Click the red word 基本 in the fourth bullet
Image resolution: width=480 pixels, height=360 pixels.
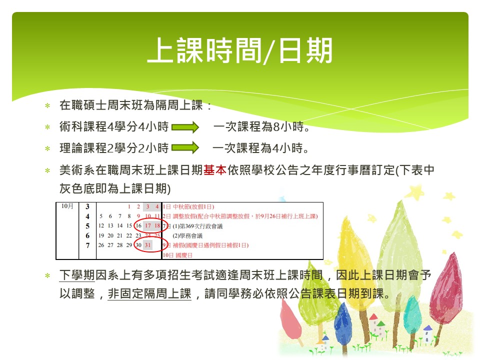pyautogui.click(x=215, y=170)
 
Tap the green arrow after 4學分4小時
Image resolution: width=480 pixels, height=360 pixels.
pyautogui.click(x=185, y=126)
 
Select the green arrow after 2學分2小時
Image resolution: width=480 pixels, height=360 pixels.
pyautogui.click(x=185, y=148)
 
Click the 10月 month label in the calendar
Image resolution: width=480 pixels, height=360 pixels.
pyautogui.click(x=67, y=206)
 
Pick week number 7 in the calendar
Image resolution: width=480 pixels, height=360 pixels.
pyautogui.click(x=87, y=245)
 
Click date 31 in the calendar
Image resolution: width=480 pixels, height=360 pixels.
pyautogui.click(x=148, y=245)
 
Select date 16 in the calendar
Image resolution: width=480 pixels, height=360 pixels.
pyautogui.click(x=138, y=226)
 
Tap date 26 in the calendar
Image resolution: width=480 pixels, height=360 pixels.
pyautogui.click(x=101, y=245)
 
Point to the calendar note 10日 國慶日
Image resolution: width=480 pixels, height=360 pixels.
pyautogui.click(x=177, y=255)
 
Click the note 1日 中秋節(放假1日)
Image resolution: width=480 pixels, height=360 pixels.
pyautogui.click(x=188, y=207)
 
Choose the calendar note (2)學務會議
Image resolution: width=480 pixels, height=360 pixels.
pyautogui.click(x=187, y=235)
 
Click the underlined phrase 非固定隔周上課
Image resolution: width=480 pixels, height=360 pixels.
pyautogui.click(x=149, y=294)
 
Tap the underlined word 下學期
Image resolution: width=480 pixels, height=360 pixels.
pyautogui.click(x=77, y=275)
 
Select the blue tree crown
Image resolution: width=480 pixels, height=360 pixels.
pyautogui.click(x=343, y=321)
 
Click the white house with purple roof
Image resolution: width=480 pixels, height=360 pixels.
pyautogui.click(x=427, y=333)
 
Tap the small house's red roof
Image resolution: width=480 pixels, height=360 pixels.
pyautogui.click(x=374, y=317)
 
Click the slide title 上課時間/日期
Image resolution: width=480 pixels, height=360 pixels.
pyautogui.click(x=240, y=50)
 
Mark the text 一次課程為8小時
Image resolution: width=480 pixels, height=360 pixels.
pyautogui.click(x=261, y=126)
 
